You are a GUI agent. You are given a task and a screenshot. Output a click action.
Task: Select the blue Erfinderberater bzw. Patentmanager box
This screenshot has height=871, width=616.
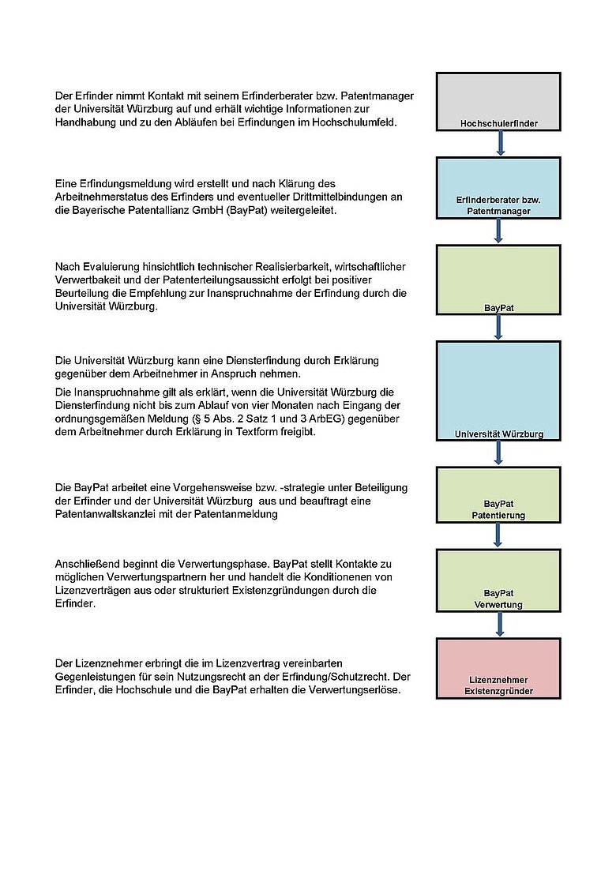498,188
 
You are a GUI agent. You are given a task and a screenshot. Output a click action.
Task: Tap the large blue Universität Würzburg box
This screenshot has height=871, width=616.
498,391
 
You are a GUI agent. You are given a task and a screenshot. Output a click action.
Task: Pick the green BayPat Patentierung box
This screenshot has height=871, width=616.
498,495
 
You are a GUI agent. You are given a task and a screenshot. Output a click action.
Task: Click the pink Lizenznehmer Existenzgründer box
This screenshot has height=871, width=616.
498,669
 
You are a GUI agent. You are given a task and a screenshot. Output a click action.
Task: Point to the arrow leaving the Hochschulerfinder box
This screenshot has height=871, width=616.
500,144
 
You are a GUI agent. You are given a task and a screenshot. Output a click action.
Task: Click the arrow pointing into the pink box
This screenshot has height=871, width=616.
499,625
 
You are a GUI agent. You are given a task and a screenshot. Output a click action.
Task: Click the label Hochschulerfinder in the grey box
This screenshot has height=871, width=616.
498,124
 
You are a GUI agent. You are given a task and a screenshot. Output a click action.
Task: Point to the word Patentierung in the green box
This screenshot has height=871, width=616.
499,516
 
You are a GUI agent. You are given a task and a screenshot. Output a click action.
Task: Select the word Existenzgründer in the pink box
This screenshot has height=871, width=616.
498,691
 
